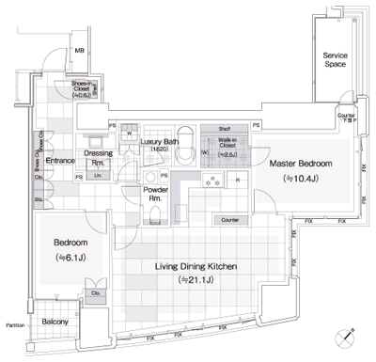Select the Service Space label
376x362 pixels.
(336, 61)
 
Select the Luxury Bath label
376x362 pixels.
(159, 145)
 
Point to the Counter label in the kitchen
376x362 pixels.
(228, 220)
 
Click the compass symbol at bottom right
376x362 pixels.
(351, 334)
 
